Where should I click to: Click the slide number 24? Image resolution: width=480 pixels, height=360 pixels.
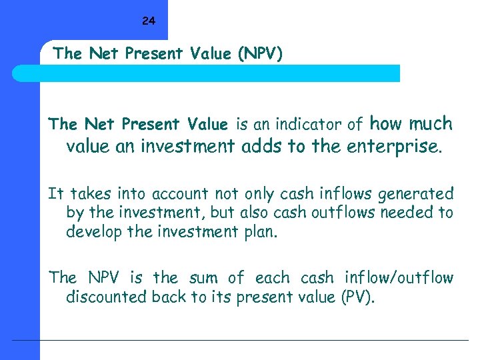tap(148, 21)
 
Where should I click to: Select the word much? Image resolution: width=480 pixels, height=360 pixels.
tap(430, 123)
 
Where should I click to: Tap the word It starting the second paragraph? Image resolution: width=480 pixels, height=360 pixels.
tap(56, 194)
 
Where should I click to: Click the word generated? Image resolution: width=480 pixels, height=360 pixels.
tap(416, 194)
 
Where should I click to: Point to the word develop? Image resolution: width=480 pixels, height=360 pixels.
tap(92, 233)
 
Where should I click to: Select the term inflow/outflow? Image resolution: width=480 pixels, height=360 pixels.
tap(399, 277)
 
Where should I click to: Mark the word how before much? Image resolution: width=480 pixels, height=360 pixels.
tap(385, 123)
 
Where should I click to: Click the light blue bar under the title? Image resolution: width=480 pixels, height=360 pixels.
tap(220, 73)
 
